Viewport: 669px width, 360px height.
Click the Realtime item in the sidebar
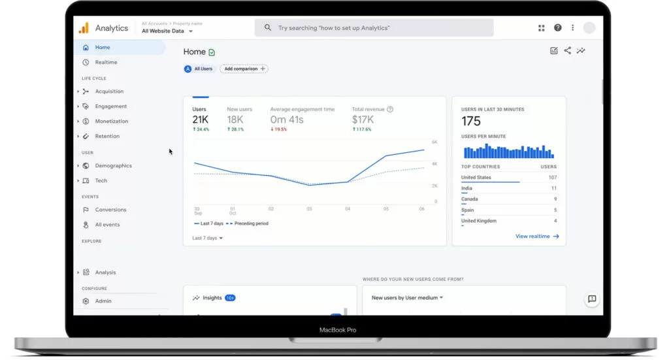(106, 62)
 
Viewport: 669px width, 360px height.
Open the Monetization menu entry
(111, 121)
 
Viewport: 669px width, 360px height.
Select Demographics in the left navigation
(113, 165)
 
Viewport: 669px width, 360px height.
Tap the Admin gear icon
(86, 301)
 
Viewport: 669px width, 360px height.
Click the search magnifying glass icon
(267, 27)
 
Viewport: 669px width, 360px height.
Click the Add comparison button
(244, 69)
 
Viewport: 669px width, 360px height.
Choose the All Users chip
(199, 69)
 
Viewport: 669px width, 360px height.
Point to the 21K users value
(200, 120)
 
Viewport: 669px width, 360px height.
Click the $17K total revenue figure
(363, 120)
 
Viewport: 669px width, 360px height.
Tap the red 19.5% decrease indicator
(278, 129)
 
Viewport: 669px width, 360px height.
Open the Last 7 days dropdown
(207, 238)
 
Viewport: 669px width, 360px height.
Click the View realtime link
(537, 237)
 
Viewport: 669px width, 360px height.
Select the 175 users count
(471, 122)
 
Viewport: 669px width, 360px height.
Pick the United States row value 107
(553, 178)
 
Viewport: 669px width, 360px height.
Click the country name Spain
(467, 210)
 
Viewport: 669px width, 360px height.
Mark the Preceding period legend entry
(248, 223)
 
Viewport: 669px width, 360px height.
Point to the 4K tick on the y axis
(434, 164)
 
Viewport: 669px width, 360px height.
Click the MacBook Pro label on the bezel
(338, 330)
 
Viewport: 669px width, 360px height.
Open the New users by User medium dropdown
(407, 298)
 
